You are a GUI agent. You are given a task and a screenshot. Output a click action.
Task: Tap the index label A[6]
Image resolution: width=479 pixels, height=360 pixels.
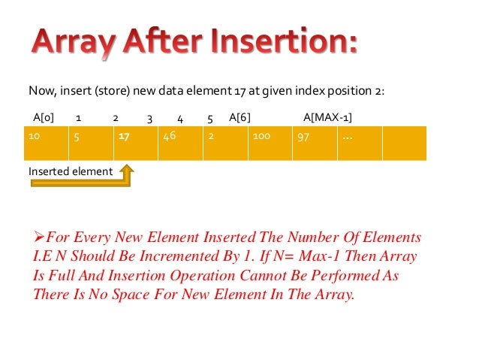239,118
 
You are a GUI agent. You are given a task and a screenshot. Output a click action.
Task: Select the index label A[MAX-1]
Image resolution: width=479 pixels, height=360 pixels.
327,118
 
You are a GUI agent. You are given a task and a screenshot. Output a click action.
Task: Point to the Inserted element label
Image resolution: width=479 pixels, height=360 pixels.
71,171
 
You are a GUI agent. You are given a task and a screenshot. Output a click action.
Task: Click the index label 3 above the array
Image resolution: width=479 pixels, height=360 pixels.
150,118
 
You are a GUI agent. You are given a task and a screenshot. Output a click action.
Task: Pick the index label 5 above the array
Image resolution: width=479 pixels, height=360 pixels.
211,118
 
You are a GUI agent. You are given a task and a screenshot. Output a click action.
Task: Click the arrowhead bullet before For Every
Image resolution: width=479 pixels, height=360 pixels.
39,237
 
